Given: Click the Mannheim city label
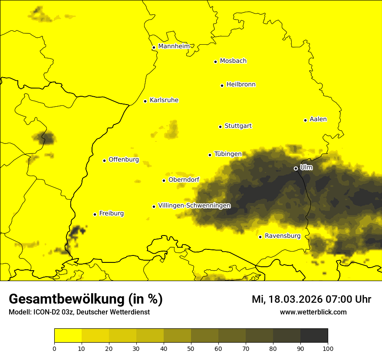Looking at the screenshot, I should point(174,46).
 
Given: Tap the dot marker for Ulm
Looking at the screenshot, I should point(296,168).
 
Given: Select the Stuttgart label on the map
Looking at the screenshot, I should point(238,126).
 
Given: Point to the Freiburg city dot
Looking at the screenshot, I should point(95,214).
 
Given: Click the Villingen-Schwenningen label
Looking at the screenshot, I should point(194,206).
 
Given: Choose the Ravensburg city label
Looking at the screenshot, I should point(282,236).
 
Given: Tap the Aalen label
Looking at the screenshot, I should point(318,119).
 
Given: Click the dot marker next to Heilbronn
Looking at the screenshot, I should point(222,85).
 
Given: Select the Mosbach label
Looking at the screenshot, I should point(233,61).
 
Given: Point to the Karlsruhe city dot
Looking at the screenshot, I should point(145,101).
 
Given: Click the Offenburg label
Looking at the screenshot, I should point(123,160).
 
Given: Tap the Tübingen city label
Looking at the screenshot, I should point(227,154).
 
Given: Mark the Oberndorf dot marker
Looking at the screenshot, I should point(164,180).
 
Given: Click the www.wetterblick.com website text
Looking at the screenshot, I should point(313,312).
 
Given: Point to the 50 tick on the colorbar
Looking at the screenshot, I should point(191,348).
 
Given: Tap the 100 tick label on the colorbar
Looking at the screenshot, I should point(328,348).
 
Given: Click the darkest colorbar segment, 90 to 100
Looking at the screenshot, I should point(314,336).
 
